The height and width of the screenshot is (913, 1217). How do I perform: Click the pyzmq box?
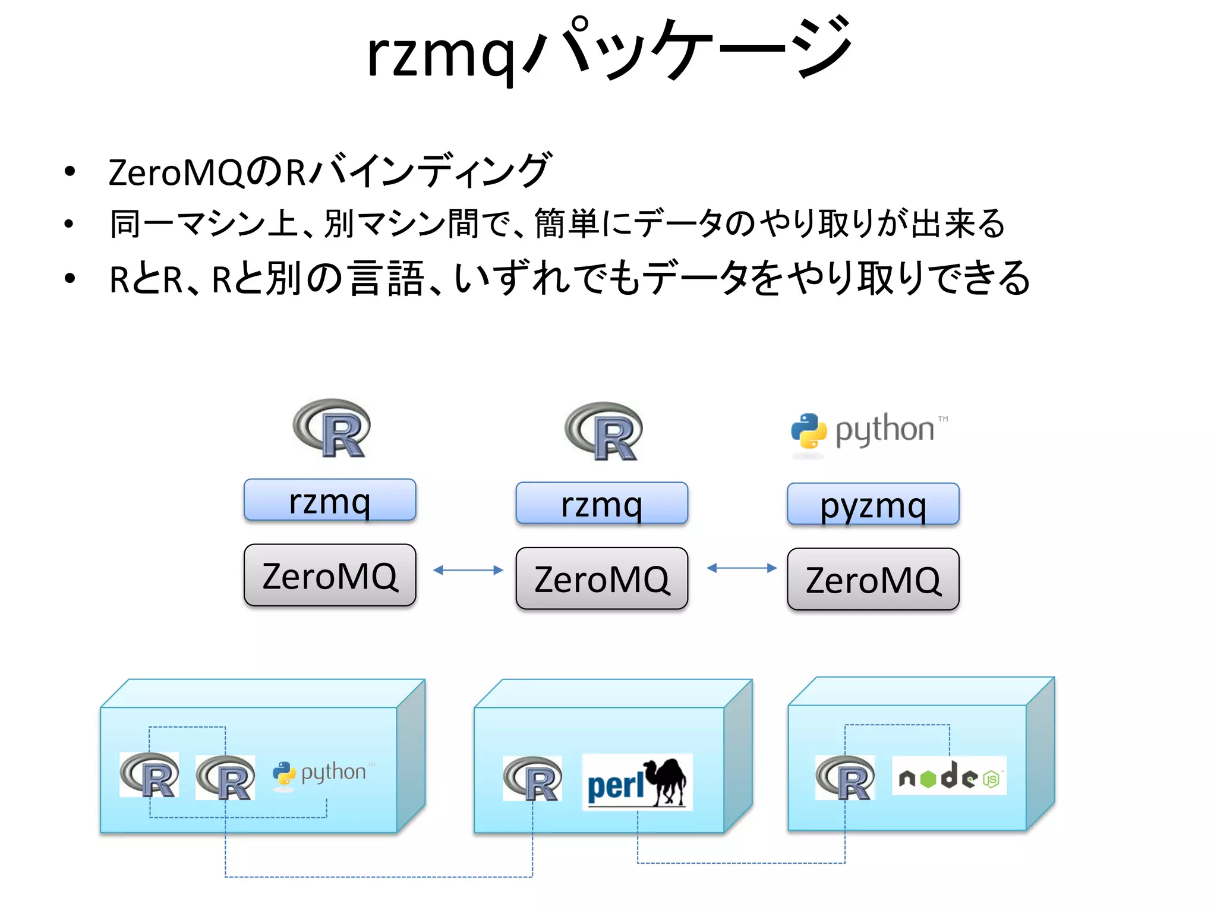click(x=872, y=505)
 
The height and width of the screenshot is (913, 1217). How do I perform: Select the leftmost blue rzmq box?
click(x=330, y=500)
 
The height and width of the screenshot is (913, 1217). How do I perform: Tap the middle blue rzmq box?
click(x=601, y=503)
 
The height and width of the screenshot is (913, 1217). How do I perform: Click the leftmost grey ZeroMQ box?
click(x=330, y=575)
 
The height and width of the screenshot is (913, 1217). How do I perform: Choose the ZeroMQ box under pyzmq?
click(x=872, y=580)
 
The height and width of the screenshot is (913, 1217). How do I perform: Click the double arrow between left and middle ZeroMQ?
click(x=468, y=570)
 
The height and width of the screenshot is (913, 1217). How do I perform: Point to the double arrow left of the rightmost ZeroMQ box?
click(x=741, y=568)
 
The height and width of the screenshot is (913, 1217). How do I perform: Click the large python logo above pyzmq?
click(x=869, y=430)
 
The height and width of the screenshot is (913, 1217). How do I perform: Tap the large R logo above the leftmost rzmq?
click(x=332, y=428)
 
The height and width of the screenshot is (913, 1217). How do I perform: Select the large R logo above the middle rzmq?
click(x=603, y=432)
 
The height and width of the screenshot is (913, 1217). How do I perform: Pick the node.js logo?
click(x=949, y=776)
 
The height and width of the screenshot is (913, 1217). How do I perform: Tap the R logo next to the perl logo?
click(x=532, y=779)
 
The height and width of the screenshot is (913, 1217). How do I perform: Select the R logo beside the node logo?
click(x=844, y=777)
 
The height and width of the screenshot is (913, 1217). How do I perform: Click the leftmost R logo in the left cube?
click(x=149, y=775)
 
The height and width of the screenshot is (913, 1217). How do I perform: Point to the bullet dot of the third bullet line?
click(x=70, y=278)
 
